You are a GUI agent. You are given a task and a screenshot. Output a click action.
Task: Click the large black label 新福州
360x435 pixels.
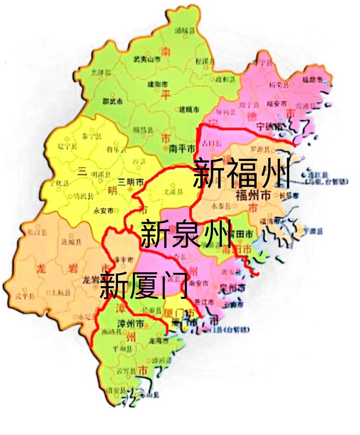(x=241, y=174)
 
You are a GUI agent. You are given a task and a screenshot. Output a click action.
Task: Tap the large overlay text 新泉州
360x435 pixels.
(x=186, y=234)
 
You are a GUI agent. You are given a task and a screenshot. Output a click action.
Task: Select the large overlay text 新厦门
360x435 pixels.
(x=143, y=286)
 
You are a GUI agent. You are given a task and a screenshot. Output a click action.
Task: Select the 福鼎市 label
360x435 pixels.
(x=312, y=80)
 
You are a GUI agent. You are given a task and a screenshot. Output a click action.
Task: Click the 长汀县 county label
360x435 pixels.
(x=35, y=233)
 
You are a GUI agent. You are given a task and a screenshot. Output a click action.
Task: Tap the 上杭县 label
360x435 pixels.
(x=62, y=292)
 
